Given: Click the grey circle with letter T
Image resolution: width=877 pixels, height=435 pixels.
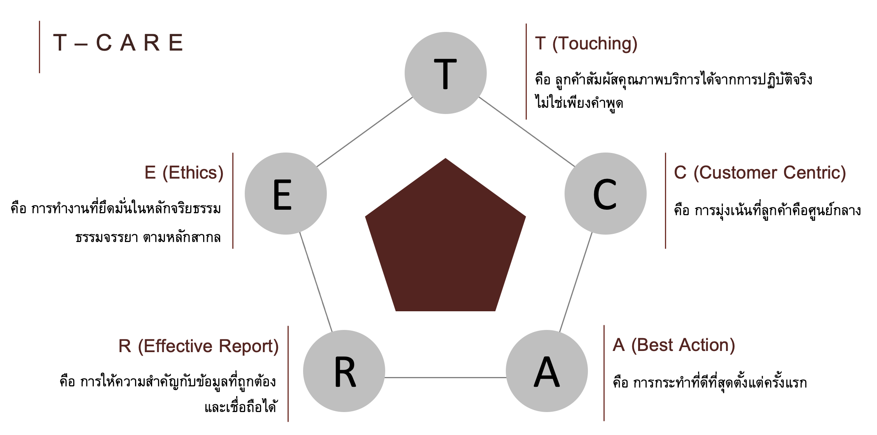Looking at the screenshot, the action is [446, 73].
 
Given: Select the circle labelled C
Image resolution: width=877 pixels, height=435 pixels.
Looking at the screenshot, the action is [605, 194].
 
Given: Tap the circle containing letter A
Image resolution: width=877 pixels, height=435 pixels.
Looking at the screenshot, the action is [547, 371].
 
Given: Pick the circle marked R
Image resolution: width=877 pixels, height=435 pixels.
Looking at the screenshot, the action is [344, 371].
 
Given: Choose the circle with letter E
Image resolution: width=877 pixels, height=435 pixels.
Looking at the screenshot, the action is [286, 194].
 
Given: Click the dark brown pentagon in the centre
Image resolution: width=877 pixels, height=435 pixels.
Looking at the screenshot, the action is [446, 241].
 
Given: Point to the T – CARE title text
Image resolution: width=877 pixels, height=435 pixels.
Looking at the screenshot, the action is [118, 43].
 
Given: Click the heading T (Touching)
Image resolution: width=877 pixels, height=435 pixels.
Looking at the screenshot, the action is [586, 44].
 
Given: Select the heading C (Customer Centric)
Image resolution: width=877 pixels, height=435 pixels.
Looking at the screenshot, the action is [760, 173].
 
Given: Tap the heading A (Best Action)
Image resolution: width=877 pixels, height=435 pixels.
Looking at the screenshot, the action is [674, 345].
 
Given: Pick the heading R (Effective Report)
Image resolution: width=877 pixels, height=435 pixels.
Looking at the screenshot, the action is [198, 346].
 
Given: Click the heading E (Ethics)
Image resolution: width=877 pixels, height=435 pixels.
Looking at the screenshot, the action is [184, 173].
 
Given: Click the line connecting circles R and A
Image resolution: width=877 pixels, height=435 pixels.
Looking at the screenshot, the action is [446, 377].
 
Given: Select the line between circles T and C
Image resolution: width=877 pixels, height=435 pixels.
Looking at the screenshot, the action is [526, 132].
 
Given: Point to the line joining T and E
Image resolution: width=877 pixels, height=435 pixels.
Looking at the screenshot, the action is [365, 132].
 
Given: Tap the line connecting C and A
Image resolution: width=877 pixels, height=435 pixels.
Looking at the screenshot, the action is [576, 282].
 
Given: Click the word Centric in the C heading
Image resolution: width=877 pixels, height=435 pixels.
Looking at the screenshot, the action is [815, 173].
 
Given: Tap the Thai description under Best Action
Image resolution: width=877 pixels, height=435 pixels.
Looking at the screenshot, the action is [710, 383].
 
